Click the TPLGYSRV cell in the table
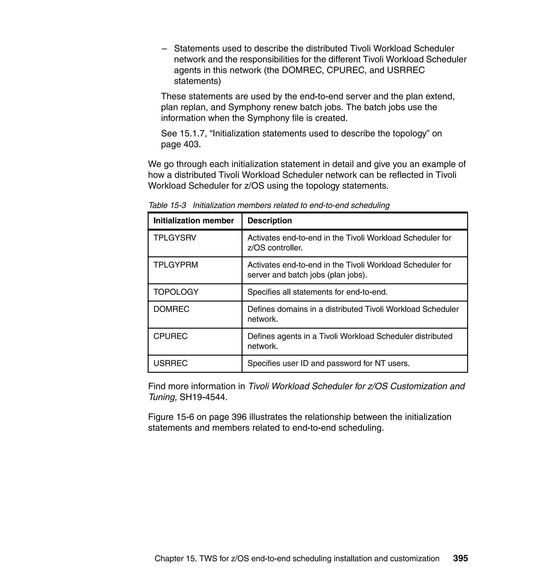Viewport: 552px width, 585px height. coord(174,238)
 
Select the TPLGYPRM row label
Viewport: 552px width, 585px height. coord(176,265)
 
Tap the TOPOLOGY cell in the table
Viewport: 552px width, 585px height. coord(176,292)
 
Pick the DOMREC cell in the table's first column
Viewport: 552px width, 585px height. coord(171,309)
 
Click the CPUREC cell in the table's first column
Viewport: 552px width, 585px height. coord(170,336)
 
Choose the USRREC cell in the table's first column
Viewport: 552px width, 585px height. coord(170,363)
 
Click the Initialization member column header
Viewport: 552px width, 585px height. coord(194,221)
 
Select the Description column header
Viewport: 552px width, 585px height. coord(270,221)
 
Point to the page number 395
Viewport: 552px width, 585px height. coord(460,558)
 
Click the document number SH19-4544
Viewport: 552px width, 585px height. coord(203,397)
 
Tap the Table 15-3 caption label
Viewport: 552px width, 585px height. coord(167,205)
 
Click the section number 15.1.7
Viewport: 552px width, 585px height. coord(192,134)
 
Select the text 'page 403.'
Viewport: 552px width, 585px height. coord(181,144)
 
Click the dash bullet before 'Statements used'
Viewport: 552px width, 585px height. coord(164,49)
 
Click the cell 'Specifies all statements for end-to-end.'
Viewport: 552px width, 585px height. coord(317,292)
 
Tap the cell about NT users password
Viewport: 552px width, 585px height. coord(328,363)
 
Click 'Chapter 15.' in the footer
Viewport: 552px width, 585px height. coord(175,559)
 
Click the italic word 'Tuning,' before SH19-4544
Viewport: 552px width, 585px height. coord(163,397)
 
